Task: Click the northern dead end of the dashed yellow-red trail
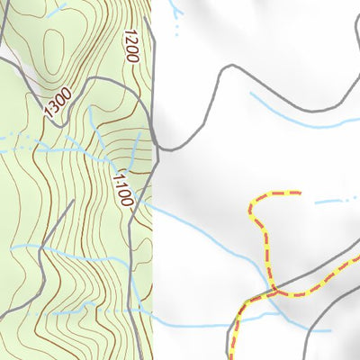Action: coord(299,193)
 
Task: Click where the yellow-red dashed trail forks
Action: coord(270,292)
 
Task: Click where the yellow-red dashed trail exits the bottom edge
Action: coord(233,357)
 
